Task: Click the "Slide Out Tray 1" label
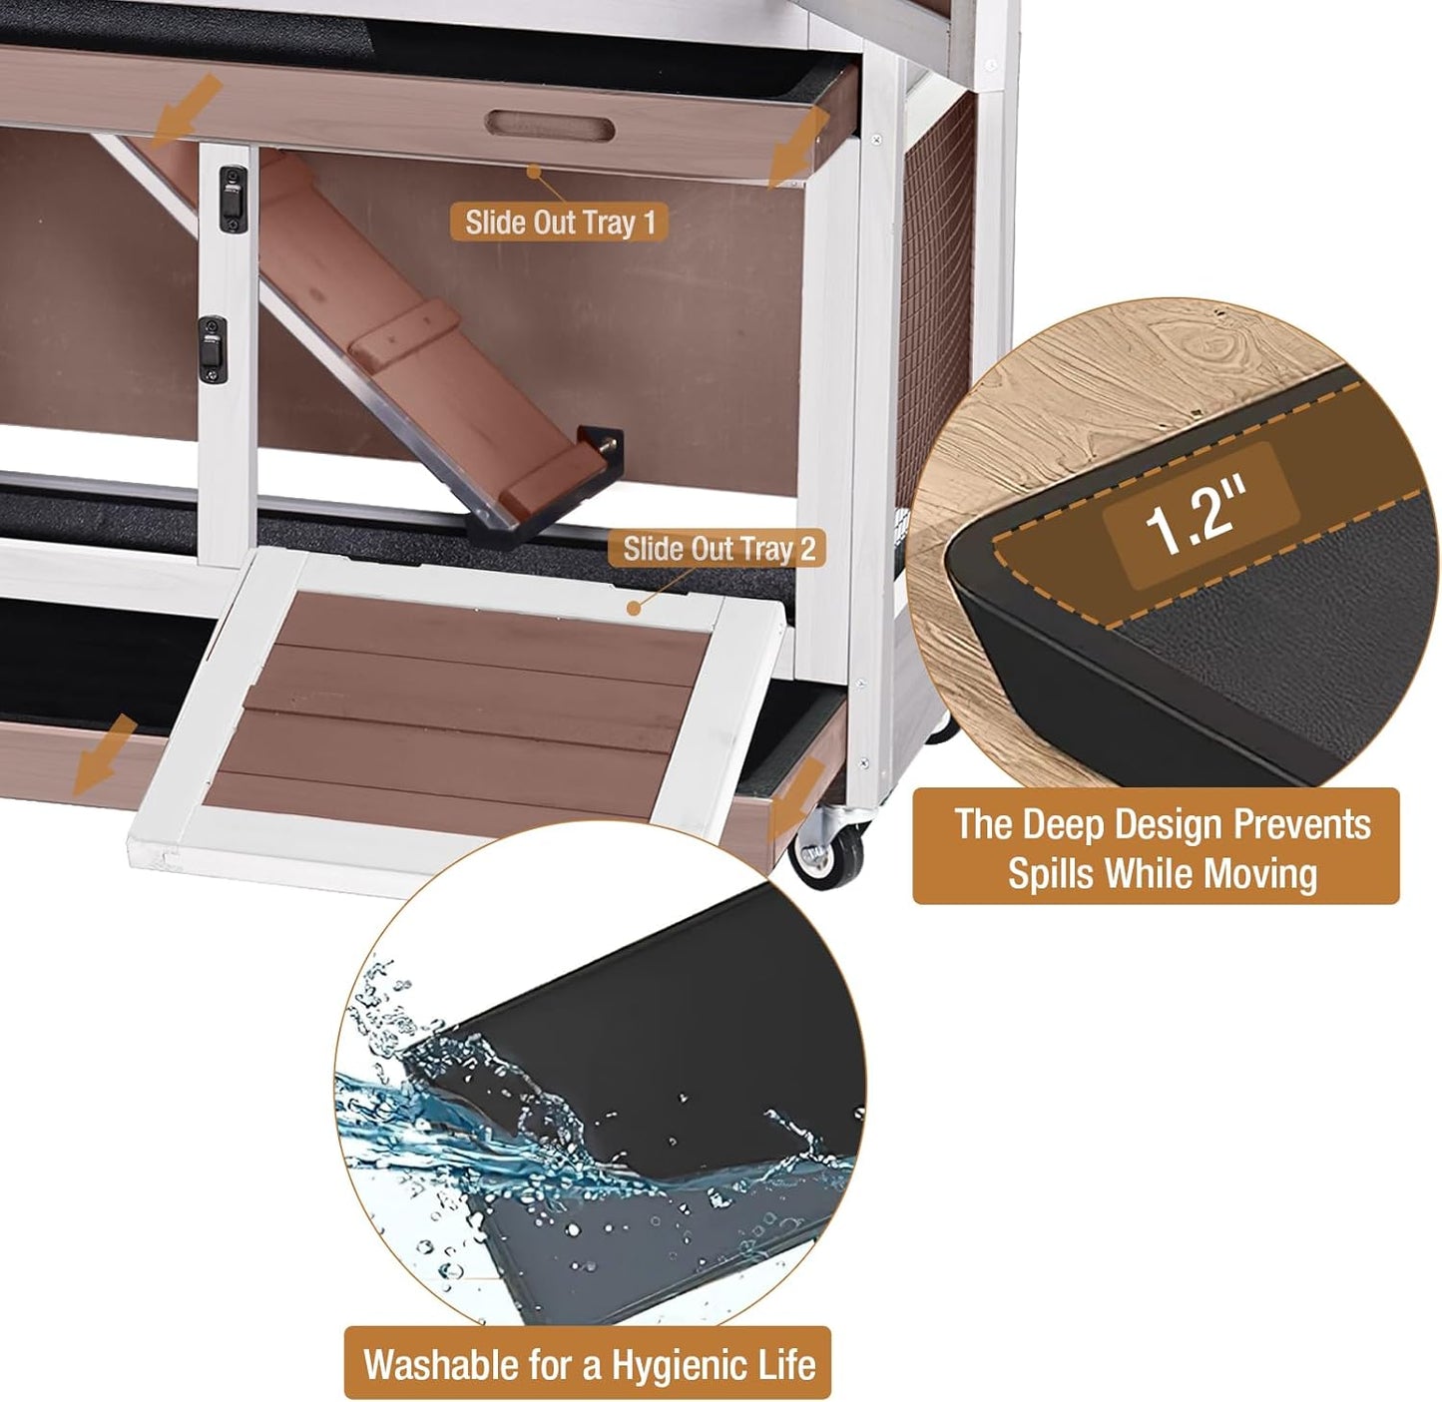coord(560,222)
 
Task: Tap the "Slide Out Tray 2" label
coord(719,548)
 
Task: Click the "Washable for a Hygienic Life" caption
coord(588,1363)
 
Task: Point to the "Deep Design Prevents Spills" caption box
coord(1156,847)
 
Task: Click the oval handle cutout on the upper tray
coord(550,128)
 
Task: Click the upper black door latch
coord(233,199)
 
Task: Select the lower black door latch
coord(212,349)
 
